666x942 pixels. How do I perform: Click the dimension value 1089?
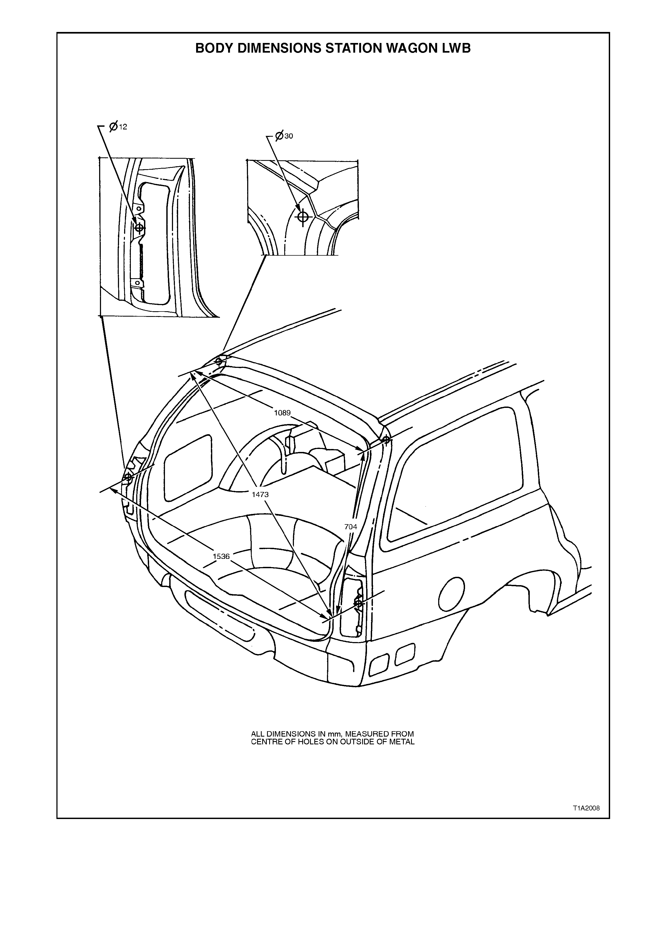[x=282, y=413]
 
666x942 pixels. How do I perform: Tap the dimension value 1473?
[x=260, y=494]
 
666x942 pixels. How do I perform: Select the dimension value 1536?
[x=221, y=556]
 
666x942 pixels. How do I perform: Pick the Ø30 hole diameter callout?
[x=284, y=136]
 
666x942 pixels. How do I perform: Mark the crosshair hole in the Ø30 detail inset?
[x=303, y=216]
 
